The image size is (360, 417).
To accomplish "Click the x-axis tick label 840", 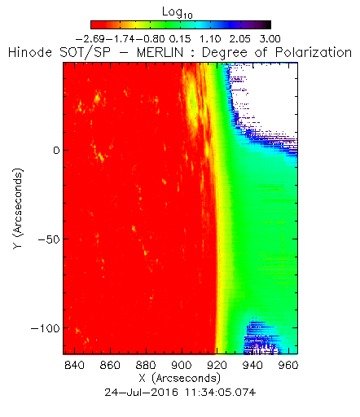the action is [74, 365].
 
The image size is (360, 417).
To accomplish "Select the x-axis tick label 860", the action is [110, 365].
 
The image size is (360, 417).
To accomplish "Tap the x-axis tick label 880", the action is [146, 365].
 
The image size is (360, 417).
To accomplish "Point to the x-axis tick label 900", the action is [182, 365].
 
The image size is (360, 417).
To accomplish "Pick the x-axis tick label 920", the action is [217, 365].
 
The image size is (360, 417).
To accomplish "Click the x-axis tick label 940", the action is [252, 365].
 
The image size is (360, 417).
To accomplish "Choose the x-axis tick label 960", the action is [288, 365].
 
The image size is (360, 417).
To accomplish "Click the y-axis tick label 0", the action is [56, 150].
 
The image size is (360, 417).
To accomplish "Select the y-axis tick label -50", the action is [49, 239].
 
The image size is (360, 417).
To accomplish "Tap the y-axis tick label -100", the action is [46, 328].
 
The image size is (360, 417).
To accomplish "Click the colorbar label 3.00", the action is [270, 39].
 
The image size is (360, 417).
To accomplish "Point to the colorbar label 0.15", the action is [180, 39].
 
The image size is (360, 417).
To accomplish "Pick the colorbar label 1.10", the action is [210, 39].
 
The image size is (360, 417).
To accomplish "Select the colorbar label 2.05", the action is [240, 39].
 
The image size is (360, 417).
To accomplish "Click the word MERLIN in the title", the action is [160, 52].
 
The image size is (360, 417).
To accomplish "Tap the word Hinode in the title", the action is [30, 52].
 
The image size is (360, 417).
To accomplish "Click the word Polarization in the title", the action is [314, 52].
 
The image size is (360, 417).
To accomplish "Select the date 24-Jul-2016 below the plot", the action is [142, 393].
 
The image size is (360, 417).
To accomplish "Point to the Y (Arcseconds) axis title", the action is [18, 208].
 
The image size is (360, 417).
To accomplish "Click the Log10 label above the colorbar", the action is [178, 12].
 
